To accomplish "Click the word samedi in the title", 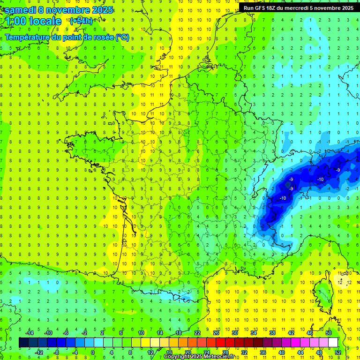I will coord(21,10).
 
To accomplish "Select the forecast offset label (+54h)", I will coord(81,21).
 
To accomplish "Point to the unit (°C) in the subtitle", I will coord(122,37).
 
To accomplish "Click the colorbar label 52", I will coord(338,352).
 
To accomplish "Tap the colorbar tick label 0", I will coord(93,352).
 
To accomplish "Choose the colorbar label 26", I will coord(216,332).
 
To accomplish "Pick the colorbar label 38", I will coord(272,332).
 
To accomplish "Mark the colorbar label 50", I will coord(329,332).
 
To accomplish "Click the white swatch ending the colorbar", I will coord(333,342).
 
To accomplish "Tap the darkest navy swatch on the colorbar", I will coord(23,342).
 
